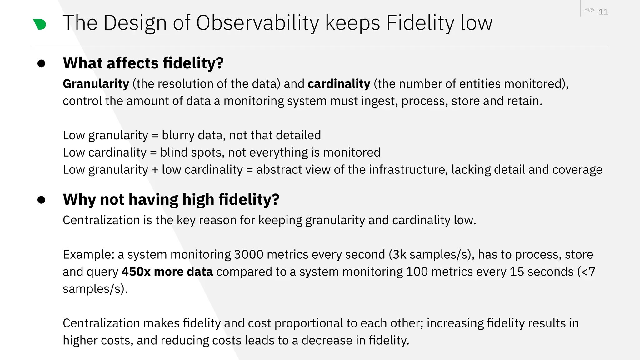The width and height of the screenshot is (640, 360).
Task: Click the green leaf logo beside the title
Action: coord(40,24)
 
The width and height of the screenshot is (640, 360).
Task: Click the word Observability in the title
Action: coord(257,23)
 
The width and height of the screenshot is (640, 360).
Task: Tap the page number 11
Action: coord(603,12)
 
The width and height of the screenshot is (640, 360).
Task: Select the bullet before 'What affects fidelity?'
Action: coord(41,63)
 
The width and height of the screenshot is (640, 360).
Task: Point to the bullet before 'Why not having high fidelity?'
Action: coord(41,200)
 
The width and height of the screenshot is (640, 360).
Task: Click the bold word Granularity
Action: coord(96,84)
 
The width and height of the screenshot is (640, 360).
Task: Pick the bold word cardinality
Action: coord(339,84)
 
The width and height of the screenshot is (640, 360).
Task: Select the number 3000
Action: coord(249,255)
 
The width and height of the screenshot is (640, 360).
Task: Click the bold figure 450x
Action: coord(136,272)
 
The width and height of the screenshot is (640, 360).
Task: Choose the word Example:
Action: coord(88,255)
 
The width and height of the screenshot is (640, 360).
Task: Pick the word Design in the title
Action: coord(135,23)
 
